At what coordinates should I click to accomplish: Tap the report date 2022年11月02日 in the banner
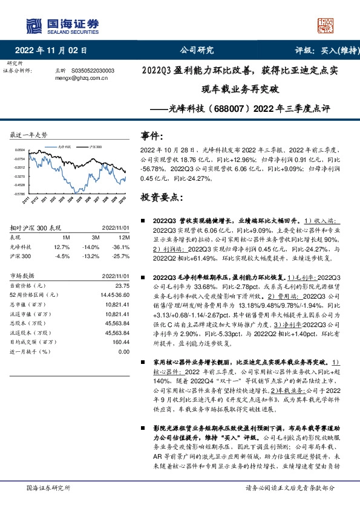tap(55, 51)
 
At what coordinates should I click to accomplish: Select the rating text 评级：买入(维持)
tap(323, 51)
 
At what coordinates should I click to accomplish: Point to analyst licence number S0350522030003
tap(97, 71)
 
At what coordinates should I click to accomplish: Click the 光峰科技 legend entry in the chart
tap(64, 147)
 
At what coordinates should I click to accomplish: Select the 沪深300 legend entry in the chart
tap(94, 147)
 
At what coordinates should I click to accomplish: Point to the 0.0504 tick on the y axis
tap(20, 149)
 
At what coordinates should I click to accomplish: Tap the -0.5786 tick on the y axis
tap(20, 194)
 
